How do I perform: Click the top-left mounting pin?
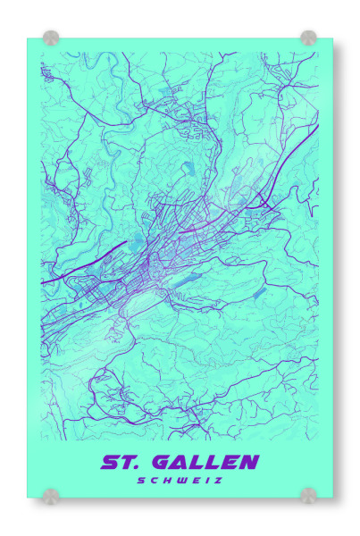point(51,38)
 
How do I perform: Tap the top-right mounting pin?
point(308,38)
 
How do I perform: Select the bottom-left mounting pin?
point(51,496)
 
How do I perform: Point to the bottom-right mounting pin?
point(308,496)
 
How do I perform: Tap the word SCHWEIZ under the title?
point(180,481)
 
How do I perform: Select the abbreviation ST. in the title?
point(122,462)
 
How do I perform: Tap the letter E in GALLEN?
point(230,462)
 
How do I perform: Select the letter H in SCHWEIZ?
point(166,481)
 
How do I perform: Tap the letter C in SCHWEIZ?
point(154,481)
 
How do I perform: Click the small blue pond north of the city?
point(188,168)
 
